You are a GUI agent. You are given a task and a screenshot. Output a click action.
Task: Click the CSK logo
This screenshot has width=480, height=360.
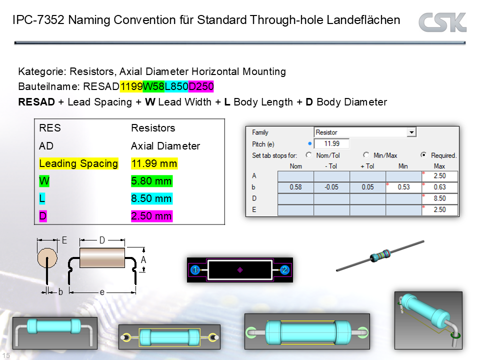click(x=442, y=22)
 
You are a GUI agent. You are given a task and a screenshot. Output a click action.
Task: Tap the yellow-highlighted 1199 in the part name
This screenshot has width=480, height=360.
click(x=131, y=87)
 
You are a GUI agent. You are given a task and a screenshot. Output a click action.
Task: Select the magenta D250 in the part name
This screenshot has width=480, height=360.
click(x=201, y=87)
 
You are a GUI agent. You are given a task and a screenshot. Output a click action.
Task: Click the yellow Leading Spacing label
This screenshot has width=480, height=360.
click(x=78, y=163)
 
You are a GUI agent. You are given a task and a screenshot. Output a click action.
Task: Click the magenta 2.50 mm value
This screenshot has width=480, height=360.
click(x=151, y=216)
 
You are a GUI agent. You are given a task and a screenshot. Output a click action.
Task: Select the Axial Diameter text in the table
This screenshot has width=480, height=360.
click(x=165, y=146)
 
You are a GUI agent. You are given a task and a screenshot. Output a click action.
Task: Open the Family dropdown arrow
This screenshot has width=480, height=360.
click(x=411, y=132)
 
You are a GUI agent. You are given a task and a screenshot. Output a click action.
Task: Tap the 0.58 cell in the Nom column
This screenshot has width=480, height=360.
click(x=295, y=187)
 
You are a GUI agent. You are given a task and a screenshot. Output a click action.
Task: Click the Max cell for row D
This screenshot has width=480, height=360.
click(x=440, y=198)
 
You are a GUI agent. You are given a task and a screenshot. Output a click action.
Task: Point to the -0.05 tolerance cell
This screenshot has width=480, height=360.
click(x=331, y=187)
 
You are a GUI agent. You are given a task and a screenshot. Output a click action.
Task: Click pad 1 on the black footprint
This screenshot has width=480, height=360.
click(x=195, y=270)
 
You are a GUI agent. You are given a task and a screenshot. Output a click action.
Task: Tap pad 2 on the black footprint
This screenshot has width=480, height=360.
click(x=284, y=270)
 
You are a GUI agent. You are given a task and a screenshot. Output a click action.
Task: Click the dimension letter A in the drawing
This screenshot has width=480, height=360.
click(x=143, y=260)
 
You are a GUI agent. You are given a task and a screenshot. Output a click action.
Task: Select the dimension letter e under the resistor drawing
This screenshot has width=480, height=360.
click(x=102, y=292)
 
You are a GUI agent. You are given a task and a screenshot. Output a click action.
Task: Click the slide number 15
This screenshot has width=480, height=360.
click(x=6, y=355)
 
